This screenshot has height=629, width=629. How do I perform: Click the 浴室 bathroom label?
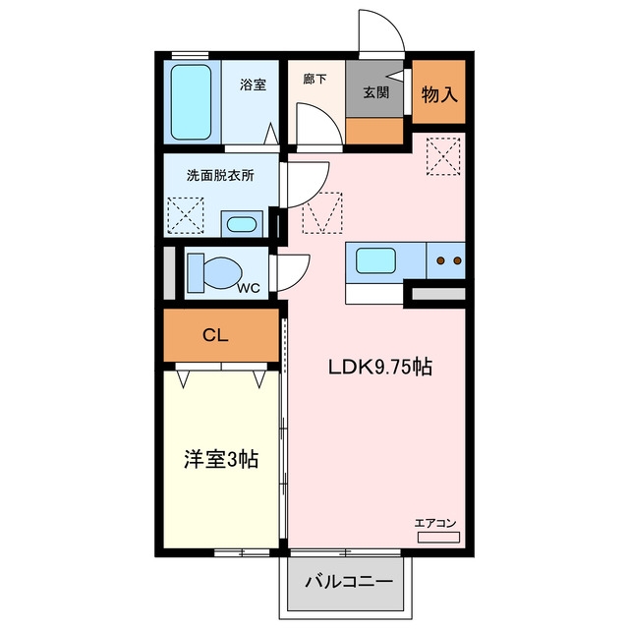[x=254, y=85]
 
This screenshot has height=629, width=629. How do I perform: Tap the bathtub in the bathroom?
[x=191, y=102]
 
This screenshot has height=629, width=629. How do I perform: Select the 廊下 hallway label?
[x=314, y=79]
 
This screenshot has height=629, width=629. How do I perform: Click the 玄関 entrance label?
[x=375, y=92]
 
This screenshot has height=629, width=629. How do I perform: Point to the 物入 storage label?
[x=439, y=94]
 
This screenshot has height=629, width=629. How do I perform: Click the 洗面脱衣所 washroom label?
[x=220, y=175]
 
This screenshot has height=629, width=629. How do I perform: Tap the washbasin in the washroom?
[x=242, y=224]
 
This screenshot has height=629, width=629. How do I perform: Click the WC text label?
[x=249, y=288]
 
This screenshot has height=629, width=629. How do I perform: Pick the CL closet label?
[x=215, y=335]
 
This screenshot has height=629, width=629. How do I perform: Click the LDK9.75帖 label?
[x=380, y=367]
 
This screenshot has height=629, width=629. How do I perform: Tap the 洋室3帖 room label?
[x=221, y=459]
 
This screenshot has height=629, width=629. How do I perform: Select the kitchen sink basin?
[x=375, y=260]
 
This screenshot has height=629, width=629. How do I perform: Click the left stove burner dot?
[x=441, y=260]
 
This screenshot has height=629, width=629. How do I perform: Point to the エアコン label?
[x=435, y=523]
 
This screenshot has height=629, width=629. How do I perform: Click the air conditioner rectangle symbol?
[x=438, y=538]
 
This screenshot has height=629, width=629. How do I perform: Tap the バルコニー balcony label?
[x=349, y=581]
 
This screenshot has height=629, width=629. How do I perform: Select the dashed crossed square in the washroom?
[x=186, y=215]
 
